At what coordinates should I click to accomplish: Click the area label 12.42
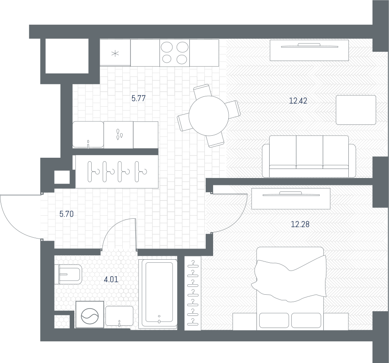point(298,101)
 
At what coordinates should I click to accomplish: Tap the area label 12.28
point(300,224)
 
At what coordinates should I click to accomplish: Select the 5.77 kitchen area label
point(138,99)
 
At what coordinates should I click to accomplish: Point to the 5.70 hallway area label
point(67,214)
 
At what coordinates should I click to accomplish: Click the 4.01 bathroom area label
point(111,280)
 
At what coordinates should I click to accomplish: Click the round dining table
point(209,116)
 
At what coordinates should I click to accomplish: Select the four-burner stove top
point(175,53)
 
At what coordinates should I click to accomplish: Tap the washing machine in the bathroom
point(89,315)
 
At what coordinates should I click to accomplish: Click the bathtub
point(159,294)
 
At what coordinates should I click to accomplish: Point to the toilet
point(68,274)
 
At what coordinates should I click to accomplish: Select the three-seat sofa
point(309,156)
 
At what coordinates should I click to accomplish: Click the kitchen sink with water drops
point(118,135)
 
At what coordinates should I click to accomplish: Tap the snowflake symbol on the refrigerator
point(115,53)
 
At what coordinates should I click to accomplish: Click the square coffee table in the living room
point(356,110)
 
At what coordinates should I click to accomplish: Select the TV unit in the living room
point(309,50)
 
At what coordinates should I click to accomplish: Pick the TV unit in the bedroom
point(291,199)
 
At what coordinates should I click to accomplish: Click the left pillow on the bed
point(274,320)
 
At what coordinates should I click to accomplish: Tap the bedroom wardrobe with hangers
point(193,293)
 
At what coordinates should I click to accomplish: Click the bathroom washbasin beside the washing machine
point(119,316)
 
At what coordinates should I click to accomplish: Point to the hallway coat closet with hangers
point(117,172)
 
